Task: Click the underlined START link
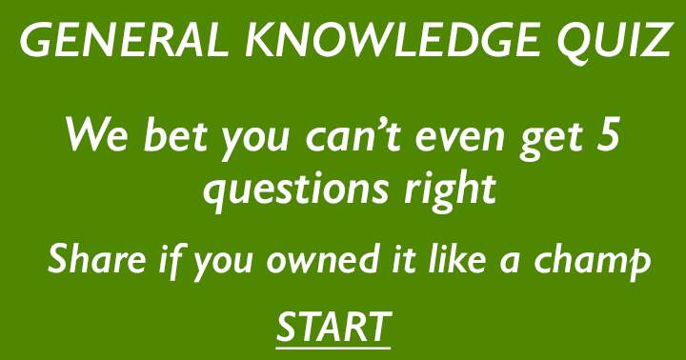tap(333, 327)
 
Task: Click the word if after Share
tap(166, 259)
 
